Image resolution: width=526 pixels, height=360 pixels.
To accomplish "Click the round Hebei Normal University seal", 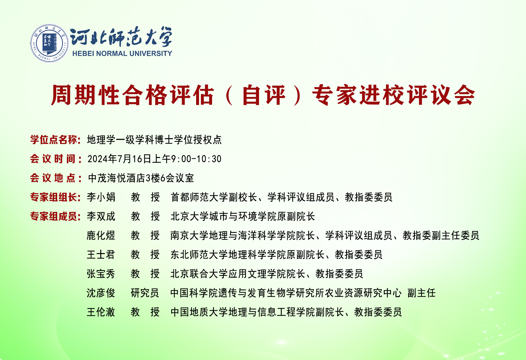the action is tap(49, 43).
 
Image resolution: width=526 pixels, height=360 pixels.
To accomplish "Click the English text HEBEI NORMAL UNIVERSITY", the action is tap(122, 54).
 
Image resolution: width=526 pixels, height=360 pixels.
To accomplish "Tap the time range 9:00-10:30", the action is tap(196, 159).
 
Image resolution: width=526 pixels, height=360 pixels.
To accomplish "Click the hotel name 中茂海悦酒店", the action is tap(117, 178).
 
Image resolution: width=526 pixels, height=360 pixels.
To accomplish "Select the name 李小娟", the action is tap(101, 197).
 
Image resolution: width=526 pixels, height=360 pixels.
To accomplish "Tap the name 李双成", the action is tap(101, 216).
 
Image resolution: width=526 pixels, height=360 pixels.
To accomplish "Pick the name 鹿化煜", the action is tap(101, 236).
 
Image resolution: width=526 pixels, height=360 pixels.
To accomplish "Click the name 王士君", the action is tap(101, 255).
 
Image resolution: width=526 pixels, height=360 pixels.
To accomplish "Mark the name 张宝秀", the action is tap(101, 274).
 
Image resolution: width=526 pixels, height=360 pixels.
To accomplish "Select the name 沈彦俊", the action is tap(101, 293).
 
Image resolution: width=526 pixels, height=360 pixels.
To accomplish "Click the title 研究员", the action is tap(145, 293).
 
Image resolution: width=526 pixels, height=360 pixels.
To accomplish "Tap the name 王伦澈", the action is tap(101, 312).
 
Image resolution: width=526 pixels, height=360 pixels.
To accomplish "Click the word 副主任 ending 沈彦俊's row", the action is tap(422, 293).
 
